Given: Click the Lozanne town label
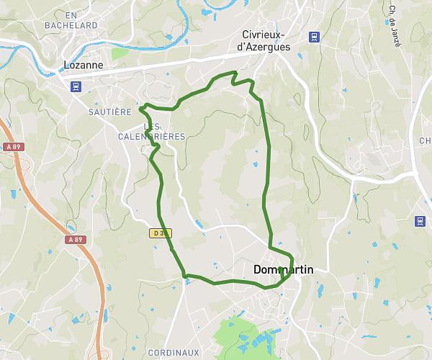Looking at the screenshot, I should click(x=83, y=64).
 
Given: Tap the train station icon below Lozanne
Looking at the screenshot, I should click(x=76, y=86).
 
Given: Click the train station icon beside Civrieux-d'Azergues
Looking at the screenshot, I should click(x=314, y=37).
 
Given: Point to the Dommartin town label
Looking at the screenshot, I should click(x=284, y=269).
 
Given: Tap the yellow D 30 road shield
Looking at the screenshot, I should click(x=160, y=233).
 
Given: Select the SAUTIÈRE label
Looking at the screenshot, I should click(x=109, y=112).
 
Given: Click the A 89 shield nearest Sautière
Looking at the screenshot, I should click(x=12, y=147).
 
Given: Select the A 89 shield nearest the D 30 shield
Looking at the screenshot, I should click(x=75, y=239).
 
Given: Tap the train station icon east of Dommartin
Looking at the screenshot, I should click(x=420, y=221).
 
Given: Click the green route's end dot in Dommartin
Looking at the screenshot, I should click(x=279, y=269).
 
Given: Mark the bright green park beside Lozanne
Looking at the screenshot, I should click(x=120, y=53).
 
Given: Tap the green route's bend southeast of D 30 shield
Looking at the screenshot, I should click(x=185, y=275).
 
